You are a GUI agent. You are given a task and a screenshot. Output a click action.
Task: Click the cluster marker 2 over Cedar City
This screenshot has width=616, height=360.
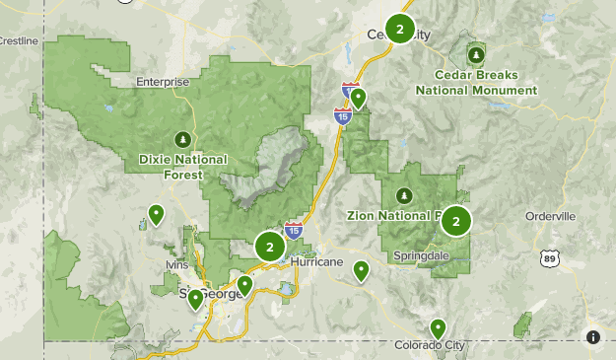pos(399,30)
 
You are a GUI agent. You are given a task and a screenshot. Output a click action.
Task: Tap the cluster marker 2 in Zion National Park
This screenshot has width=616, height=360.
pos(455,222)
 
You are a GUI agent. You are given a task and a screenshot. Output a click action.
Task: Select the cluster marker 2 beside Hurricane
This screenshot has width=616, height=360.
pos(269,247)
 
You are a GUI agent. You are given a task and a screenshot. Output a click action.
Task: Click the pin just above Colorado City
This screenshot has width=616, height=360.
pos(438,327)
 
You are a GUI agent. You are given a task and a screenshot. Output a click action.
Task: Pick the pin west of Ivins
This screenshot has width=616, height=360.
pos(156,213)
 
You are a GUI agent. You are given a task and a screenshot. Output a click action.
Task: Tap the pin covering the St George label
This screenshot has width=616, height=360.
pos(195,298)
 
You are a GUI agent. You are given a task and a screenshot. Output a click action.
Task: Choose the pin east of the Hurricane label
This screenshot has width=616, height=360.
pos(362,269)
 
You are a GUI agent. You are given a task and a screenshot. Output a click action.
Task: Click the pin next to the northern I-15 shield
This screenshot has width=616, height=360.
pos(358,98)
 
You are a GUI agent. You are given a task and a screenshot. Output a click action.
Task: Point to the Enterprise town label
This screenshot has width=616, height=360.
pos(163,82)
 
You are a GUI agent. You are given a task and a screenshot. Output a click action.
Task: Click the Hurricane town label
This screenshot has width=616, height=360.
pos(316,262)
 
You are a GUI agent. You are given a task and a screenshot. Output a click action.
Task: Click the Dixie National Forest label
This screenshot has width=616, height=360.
pos(182,167)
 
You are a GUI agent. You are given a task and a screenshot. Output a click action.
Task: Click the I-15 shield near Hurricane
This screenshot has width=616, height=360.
pos(294,231)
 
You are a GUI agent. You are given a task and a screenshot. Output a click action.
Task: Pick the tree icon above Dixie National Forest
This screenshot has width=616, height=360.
pos(182,138)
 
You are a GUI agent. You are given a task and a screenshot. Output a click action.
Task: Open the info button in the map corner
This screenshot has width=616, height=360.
pos(593,336)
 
